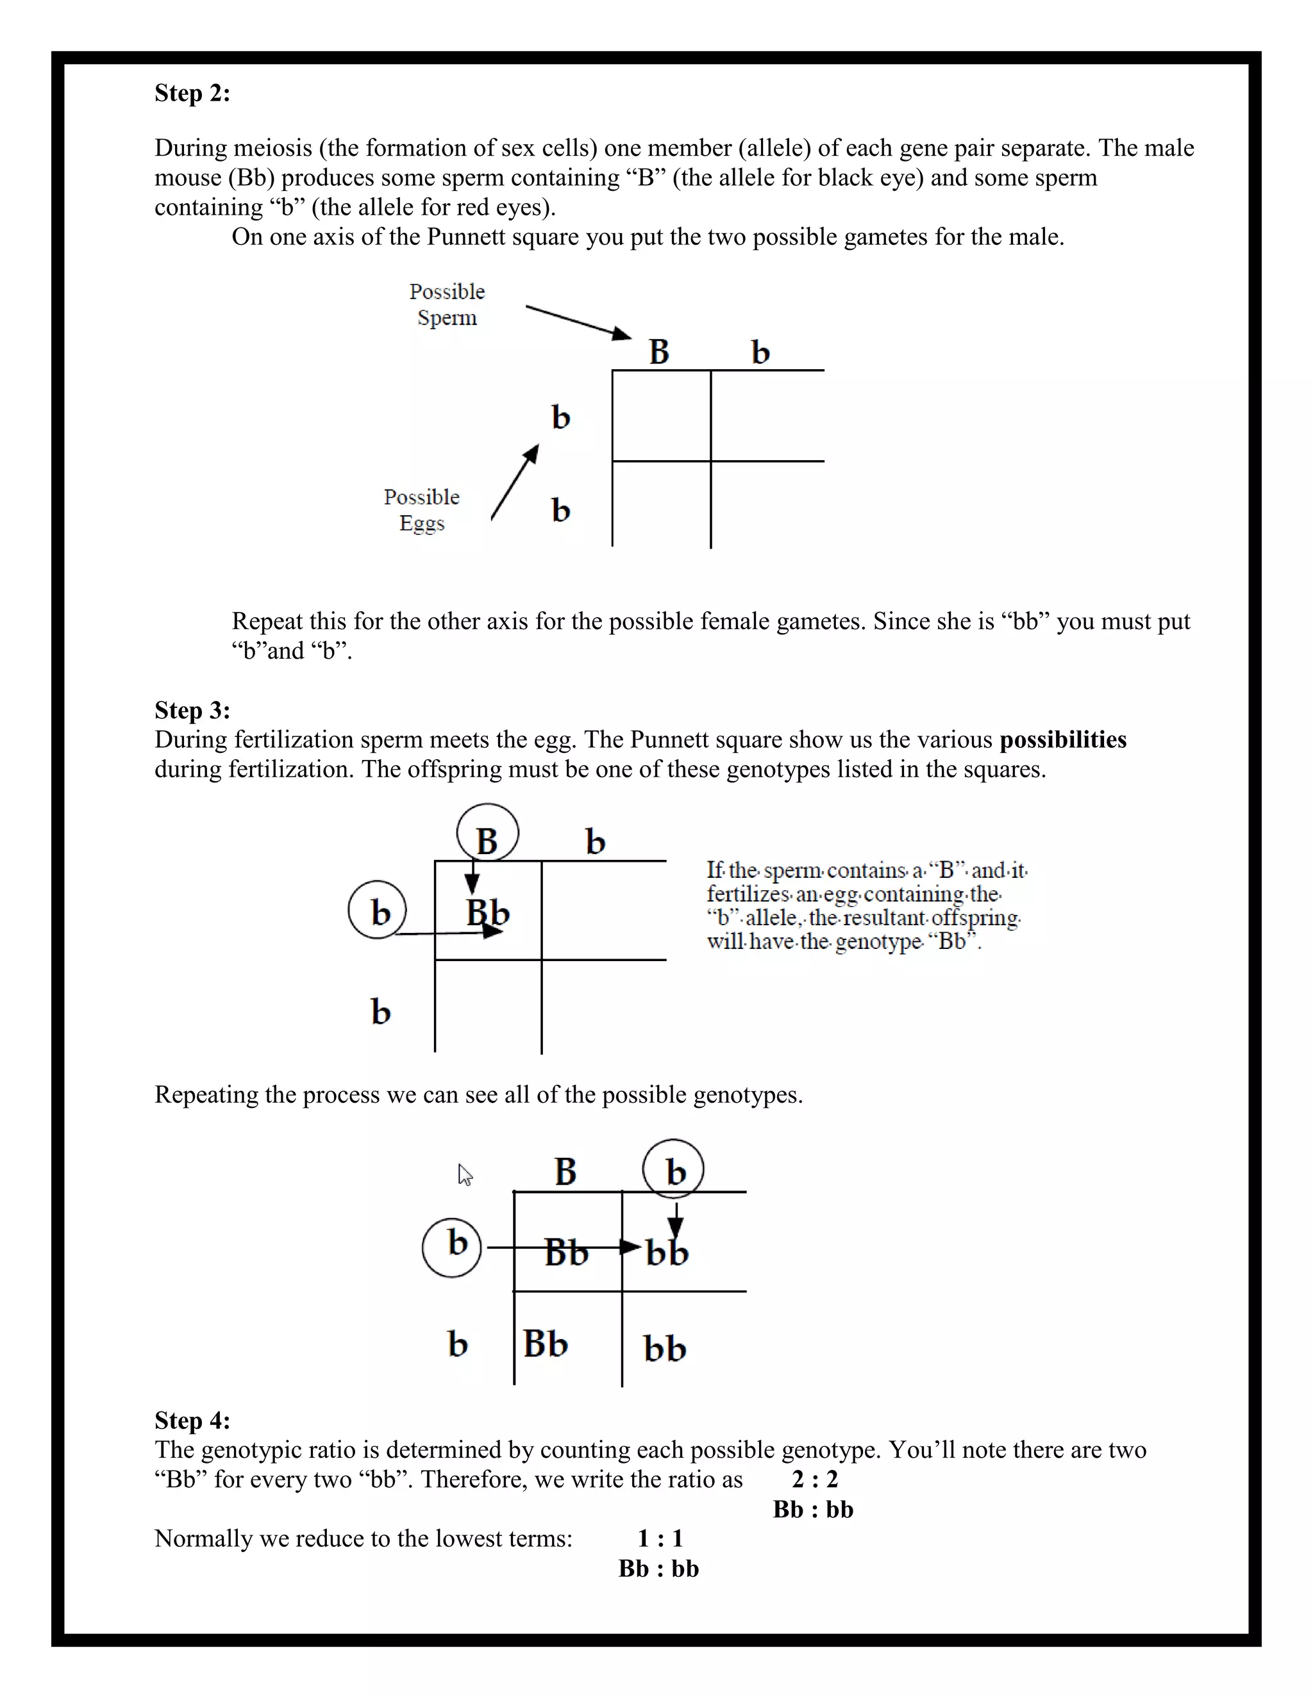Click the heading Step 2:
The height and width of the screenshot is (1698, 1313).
192,94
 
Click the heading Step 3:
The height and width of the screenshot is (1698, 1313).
192,710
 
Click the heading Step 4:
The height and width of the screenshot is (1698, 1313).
192,1420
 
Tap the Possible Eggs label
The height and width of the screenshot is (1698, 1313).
422,509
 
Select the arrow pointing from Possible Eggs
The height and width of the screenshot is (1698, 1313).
515,482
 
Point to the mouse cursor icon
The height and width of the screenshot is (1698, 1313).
464,1175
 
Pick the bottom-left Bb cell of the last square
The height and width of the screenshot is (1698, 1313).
546,1344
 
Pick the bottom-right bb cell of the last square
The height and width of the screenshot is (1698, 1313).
664,1349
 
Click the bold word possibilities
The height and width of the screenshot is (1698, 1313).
1062,739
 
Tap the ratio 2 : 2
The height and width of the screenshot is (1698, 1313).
814,1479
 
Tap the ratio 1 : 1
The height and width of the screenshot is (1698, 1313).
660,1538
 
